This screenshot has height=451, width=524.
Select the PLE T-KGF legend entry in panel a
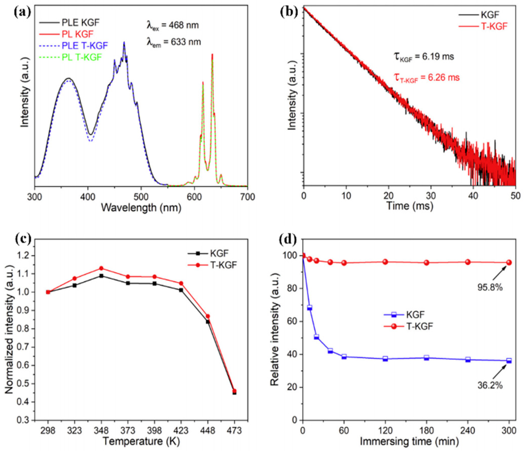[x=85, y=46]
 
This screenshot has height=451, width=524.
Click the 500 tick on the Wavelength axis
[x=141, y=197]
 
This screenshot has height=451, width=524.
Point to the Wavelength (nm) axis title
[x=141, y=208]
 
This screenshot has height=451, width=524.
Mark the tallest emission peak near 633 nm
[x=212, y=55]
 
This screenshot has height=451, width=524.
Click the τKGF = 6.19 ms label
[x=424, y=57]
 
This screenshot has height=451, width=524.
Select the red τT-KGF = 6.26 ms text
[x=427, y=78]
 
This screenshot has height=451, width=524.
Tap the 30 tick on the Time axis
[x=431, y=196]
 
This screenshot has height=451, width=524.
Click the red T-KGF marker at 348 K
[x=101, y=268]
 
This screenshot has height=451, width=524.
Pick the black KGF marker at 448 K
[x=208, y=322]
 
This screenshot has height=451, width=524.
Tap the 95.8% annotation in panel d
[x=490, y=287]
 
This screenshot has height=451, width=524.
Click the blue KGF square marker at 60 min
[x=344, y=357]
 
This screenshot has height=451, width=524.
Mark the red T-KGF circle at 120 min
[x=385, y=262]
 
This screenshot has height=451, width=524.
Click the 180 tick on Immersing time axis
[x=426, y=431]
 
